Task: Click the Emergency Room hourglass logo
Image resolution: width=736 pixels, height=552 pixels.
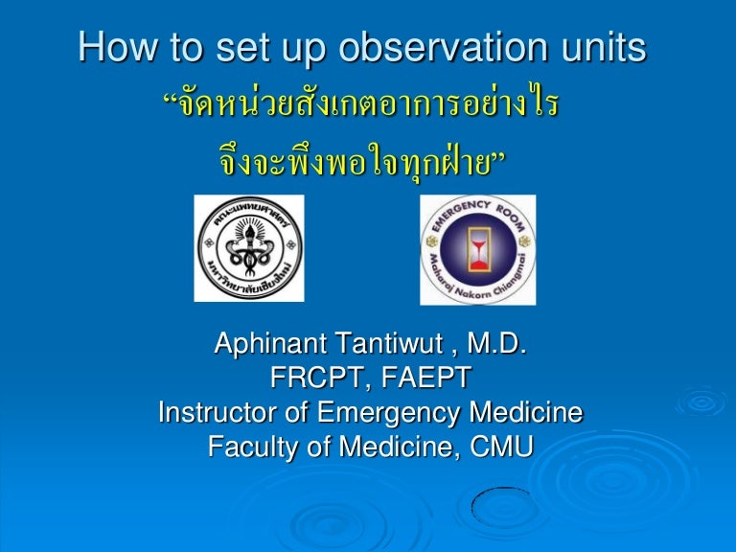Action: [x=477, y=248]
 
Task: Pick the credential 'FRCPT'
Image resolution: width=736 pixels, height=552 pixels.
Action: [x=316, y=379]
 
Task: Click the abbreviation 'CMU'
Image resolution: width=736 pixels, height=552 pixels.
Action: [x=498, y=447]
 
